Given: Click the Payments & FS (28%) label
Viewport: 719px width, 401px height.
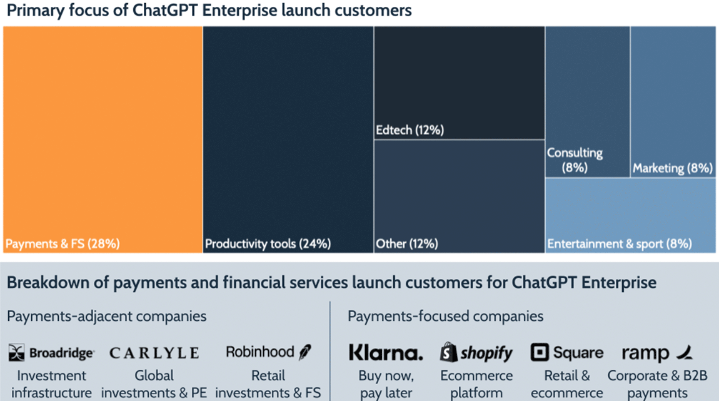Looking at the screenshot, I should [x=63, y=243].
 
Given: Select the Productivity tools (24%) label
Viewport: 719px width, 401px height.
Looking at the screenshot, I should [x=268, y=243].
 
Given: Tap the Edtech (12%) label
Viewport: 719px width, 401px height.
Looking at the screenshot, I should [x=410, y=130].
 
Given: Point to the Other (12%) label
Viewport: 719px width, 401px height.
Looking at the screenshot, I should [x=407, y=243].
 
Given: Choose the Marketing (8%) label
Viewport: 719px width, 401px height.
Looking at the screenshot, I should [x=673, y=168].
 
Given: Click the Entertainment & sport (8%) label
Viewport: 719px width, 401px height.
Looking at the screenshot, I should [x=620, y=243].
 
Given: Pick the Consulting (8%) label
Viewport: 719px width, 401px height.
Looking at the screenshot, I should [x=575, y=160].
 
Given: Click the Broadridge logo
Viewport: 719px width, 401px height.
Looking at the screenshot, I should [x=51, y=353].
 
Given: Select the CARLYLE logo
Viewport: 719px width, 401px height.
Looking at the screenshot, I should [x=154, y=353].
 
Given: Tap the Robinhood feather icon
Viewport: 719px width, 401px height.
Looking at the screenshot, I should [x=305, y=352].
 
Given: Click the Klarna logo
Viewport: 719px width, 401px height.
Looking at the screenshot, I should [x=386, y=353].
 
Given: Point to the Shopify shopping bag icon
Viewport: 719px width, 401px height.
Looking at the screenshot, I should [x=449, y=353].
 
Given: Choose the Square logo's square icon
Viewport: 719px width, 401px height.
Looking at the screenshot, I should [x=539, y=353].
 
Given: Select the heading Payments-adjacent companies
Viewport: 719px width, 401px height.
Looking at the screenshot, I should [x=106, y=316].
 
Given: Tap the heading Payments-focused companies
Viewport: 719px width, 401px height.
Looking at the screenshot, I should [x=445, y=316].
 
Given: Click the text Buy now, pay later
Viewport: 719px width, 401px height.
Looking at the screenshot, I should [x=386, y=384].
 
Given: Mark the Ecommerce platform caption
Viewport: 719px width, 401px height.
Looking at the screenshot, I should [x=476, y=384].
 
